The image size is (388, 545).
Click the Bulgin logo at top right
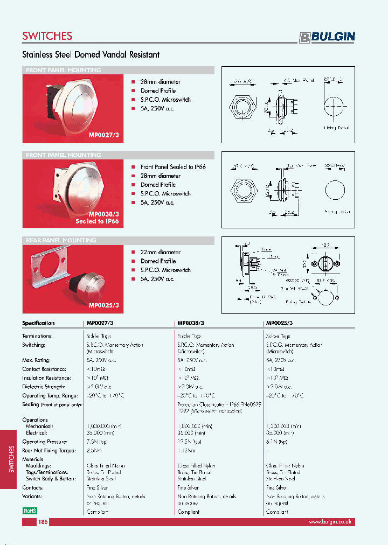pos(327,37)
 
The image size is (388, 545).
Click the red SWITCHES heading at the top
pos(47,36)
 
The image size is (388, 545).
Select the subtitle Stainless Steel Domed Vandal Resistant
pos(91,54)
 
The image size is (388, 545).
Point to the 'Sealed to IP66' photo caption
pos(97,221)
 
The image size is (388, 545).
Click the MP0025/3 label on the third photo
pos(103,305)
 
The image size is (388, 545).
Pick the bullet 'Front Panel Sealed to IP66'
pos(173,167)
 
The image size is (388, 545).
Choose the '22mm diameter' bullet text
pos(161,252)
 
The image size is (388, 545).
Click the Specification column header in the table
pos(38,323)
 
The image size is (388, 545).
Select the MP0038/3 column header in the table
pos(191,323)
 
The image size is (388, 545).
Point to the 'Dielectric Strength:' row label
pos(44,387)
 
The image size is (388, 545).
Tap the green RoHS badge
pos(30,510)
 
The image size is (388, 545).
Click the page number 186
pos(43,522)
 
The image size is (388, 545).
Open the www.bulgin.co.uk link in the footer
pos(330,522)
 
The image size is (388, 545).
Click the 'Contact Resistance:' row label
pos(44,369)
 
